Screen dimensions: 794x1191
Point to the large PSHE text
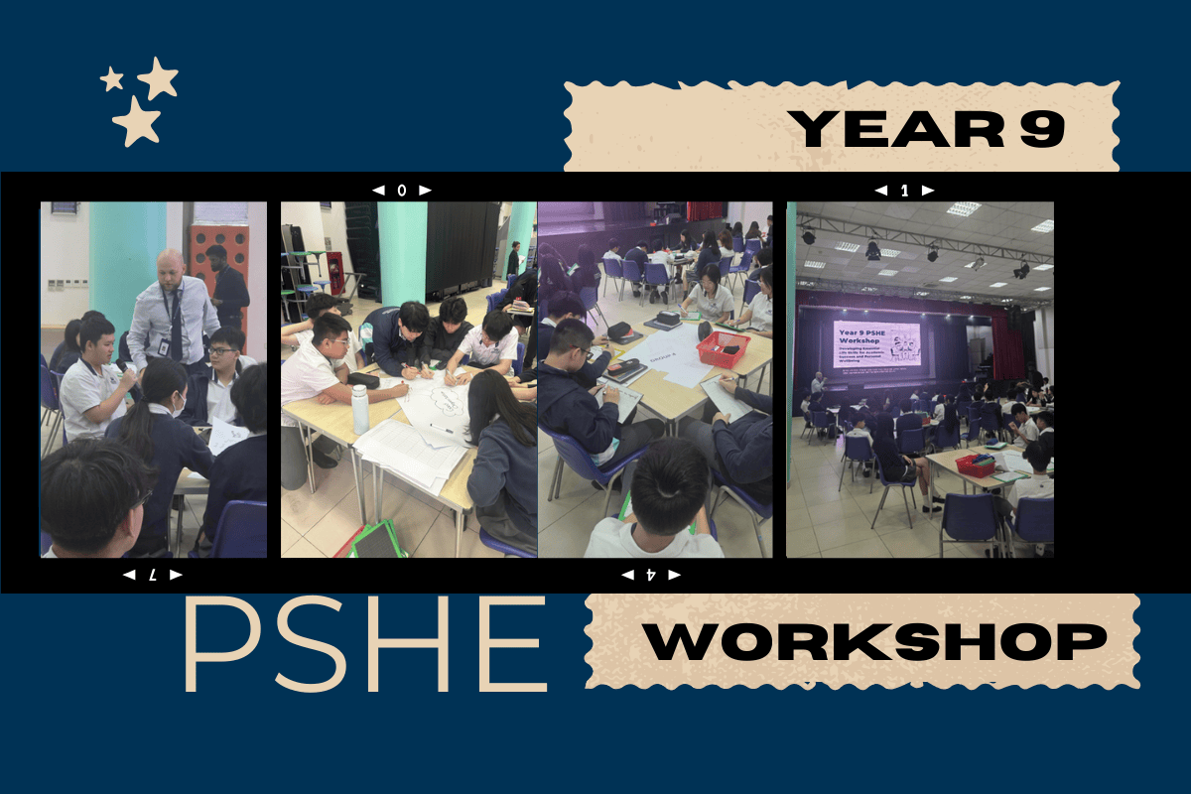pyautogui.click(x=364, y=647)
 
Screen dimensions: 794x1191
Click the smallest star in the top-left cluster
pyautogui.click(x=112, y=78)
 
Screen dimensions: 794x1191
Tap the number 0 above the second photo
pyautogui.click(x=402, y=190)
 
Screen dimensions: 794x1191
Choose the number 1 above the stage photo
pyautogui.click(x=904, y=190)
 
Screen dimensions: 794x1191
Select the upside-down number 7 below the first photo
pyautogui.click(x=153, y=575)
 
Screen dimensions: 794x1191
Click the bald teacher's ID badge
pyautogui.click(x=159, y=348)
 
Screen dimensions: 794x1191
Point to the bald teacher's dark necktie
pyautogui.click(x=177, y=328)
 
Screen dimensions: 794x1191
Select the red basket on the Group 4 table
pyautogui.click(x=723, y=349)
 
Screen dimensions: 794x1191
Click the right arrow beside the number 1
pyautogui.click(x=927, y=190)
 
